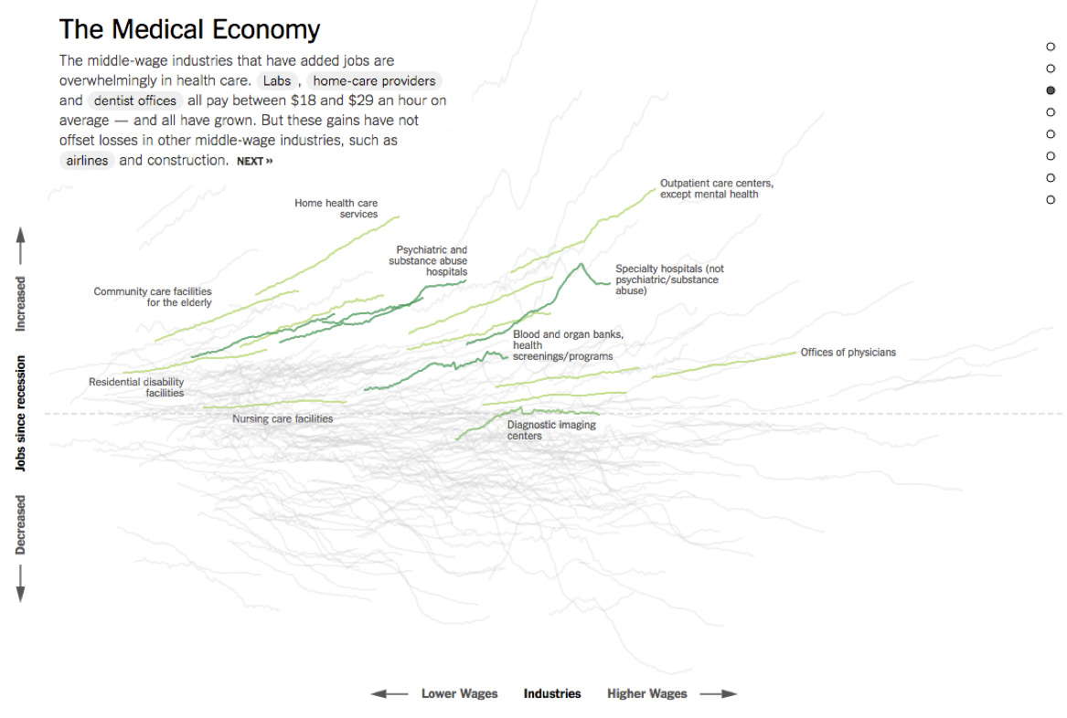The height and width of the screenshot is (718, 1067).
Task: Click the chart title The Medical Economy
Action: click(189, 29)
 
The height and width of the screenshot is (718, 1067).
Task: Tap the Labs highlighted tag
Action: click(277, 80)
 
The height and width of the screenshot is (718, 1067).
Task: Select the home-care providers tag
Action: click(374, 80)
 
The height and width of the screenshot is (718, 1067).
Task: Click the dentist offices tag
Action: click(134, 100)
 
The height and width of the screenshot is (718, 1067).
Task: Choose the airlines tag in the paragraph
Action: click(87, 161)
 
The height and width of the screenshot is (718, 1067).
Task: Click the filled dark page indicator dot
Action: click(1051, 90)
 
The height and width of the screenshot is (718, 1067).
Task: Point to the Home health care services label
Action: click(336, 208)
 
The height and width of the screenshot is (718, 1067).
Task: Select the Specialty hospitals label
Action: click(669, 280)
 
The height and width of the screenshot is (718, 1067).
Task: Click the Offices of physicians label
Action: click(848, 353)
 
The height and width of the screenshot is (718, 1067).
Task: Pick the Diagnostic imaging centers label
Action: click(551, 430)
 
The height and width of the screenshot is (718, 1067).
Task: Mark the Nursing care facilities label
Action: click(283, 419)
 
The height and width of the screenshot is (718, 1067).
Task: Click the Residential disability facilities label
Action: click(136, 387)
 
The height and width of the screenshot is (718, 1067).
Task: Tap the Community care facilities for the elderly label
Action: click(153, 297)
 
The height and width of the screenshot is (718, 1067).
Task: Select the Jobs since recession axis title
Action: click(20, 413)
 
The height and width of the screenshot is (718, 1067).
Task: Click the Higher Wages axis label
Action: click(646, 694)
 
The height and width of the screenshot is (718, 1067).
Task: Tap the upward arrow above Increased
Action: click(20, 247)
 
